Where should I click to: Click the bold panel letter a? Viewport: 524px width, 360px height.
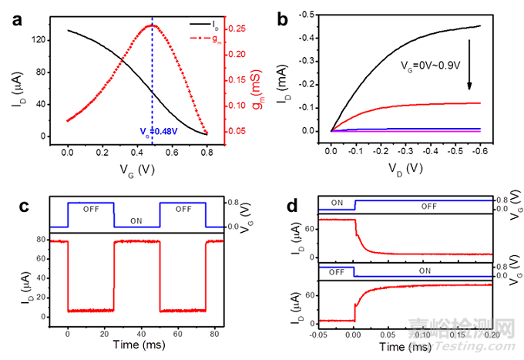pos(15,19)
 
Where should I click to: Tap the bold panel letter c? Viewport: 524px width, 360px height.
pos(15,207)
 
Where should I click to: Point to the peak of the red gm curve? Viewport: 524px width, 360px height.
pos(153,25)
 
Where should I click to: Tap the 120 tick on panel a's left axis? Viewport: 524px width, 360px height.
pos(40,40)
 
